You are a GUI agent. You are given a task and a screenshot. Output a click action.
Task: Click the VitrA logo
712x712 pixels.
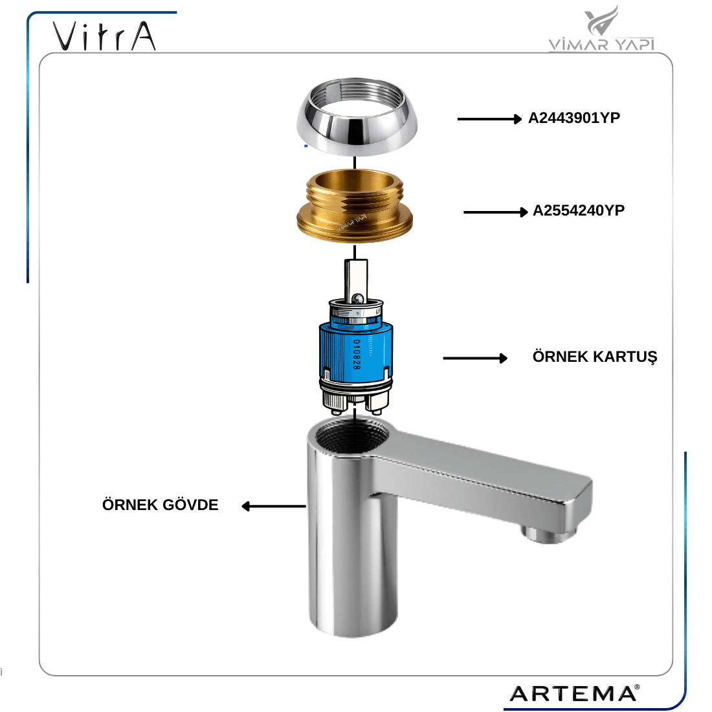pyautogui.click(x=104, y=36)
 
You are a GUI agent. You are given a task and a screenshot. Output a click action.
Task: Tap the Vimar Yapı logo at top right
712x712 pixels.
pyautogui.click(x=601, y=28)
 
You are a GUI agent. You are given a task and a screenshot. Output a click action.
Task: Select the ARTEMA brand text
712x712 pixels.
pyautogui.click(x=573, y=693)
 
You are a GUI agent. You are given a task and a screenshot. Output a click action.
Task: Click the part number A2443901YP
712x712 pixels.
pyautogui.click(x=574, y=118)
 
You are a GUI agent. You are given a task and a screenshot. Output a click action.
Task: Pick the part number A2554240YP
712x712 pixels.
pyautogui.click(x=579, y=211)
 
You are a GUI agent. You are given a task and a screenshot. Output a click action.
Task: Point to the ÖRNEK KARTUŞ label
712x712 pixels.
pyautogui.click(x=595, y=357)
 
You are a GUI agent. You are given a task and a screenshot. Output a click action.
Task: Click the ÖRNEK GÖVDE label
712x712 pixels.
pyautogui.click(x=161, y=504)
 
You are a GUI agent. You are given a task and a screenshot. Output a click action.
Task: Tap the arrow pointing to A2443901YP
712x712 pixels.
pyautogui.click(x=489, y=119)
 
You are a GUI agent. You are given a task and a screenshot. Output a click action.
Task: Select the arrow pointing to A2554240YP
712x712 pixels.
pyautogui.click(x=495, y=212)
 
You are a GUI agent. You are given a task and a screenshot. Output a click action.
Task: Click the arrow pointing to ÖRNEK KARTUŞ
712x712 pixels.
pyautogui.click(x=475, y=359)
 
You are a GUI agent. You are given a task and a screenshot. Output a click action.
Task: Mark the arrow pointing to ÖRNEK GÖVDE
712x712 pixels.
pyautogui.click(x=273, y=506)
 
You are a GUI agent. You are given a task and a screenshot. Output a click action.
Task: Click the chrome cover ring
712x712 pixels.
pyautogui.click(x=357, y=117)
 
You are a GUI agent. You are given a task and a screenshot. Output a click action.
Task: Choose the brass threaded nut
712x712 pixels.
pyautogui.click(x=355, y=206)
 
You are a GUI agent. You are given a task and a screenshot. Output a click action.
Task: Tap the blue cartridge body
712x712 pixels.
pyautogui.click(x=356, y=352)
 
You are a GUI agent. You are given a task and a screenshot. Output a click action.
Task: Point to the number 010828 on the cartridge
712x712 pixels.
pyautogui.click(x=357, y=354)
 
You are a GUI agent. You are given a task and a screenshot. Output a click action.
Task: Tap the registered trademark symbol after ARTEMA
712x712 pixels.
pyautogui.click(x=638, y=687)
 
